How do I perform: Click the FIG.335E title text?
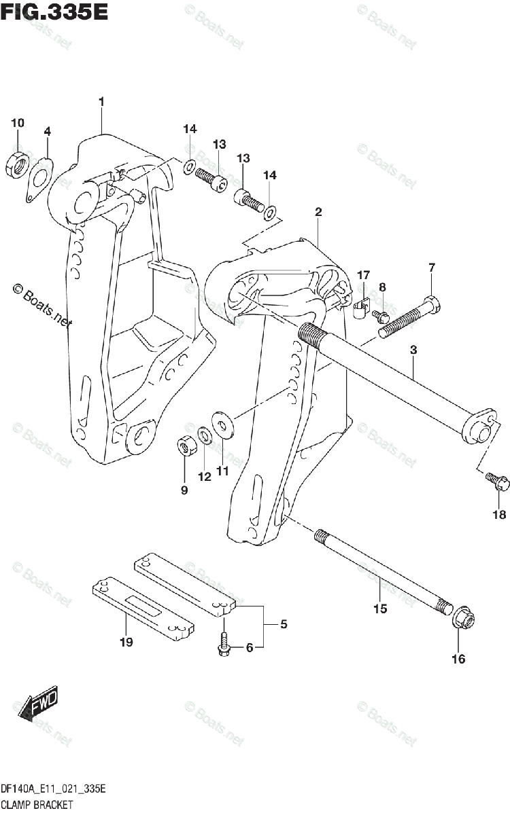coord(54,12)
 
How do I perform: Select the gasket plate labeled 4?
coord(39,179)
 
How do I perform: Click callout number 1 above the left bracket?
coord(101,102)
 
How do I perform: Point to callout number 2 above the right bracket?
coord(318,213)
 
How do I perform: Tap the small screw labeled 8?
coord(381,315)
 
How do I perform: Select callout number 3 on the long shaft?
coord(413,350)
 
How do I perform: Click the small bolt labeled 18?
coord(492,484)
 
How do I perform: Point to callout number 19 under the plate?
coord(126,642)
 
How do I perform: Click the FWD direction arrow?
coord(37,702)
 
